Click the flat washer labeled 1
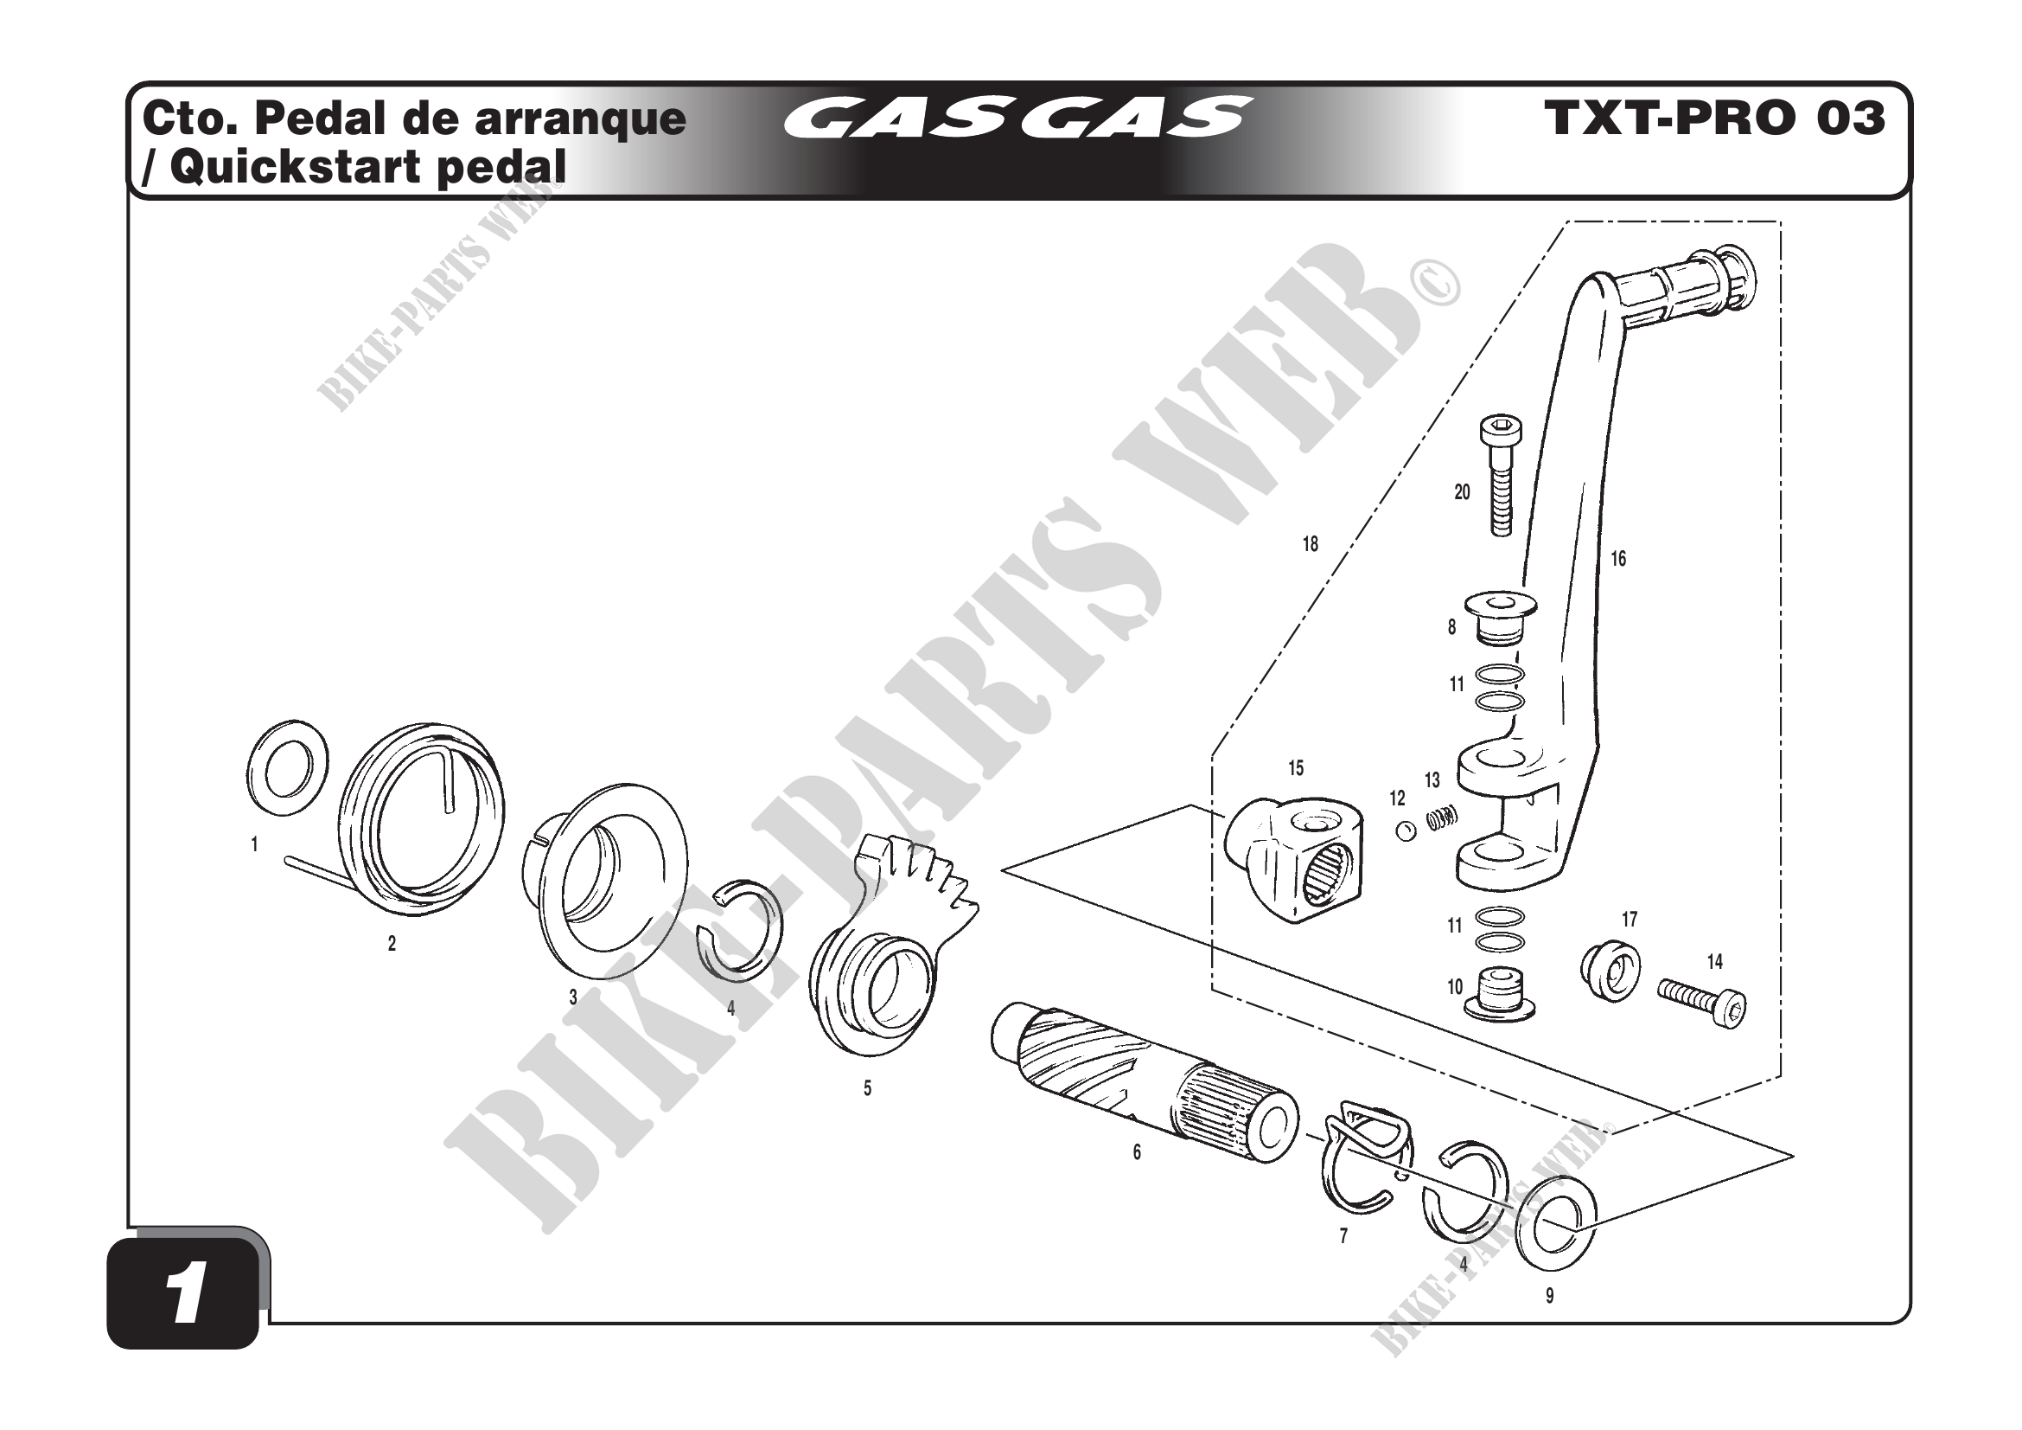284,767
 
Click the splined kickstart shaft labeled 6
1145,1084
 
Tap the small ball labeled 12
1406,830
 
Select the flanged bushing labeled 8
1501,617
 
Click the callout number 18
1311,544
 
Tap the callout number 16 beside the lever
1618,559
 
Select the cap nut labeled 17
1611,972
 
